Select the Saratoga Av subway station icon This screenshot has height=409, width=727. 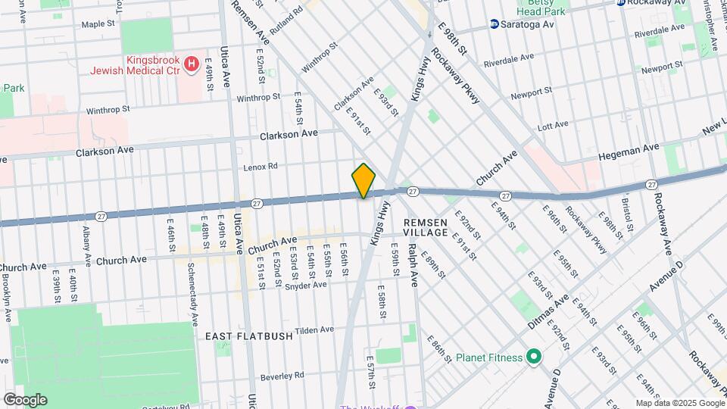494,24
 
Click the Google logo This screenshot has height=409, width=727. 25,399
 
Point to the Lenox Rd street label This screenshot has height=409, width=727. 261,166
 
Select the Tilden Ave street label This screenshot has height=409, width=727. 314,329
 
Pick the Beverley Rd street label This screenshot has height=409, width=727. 282,375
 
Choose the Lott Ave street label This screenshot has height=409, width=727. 552,125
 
